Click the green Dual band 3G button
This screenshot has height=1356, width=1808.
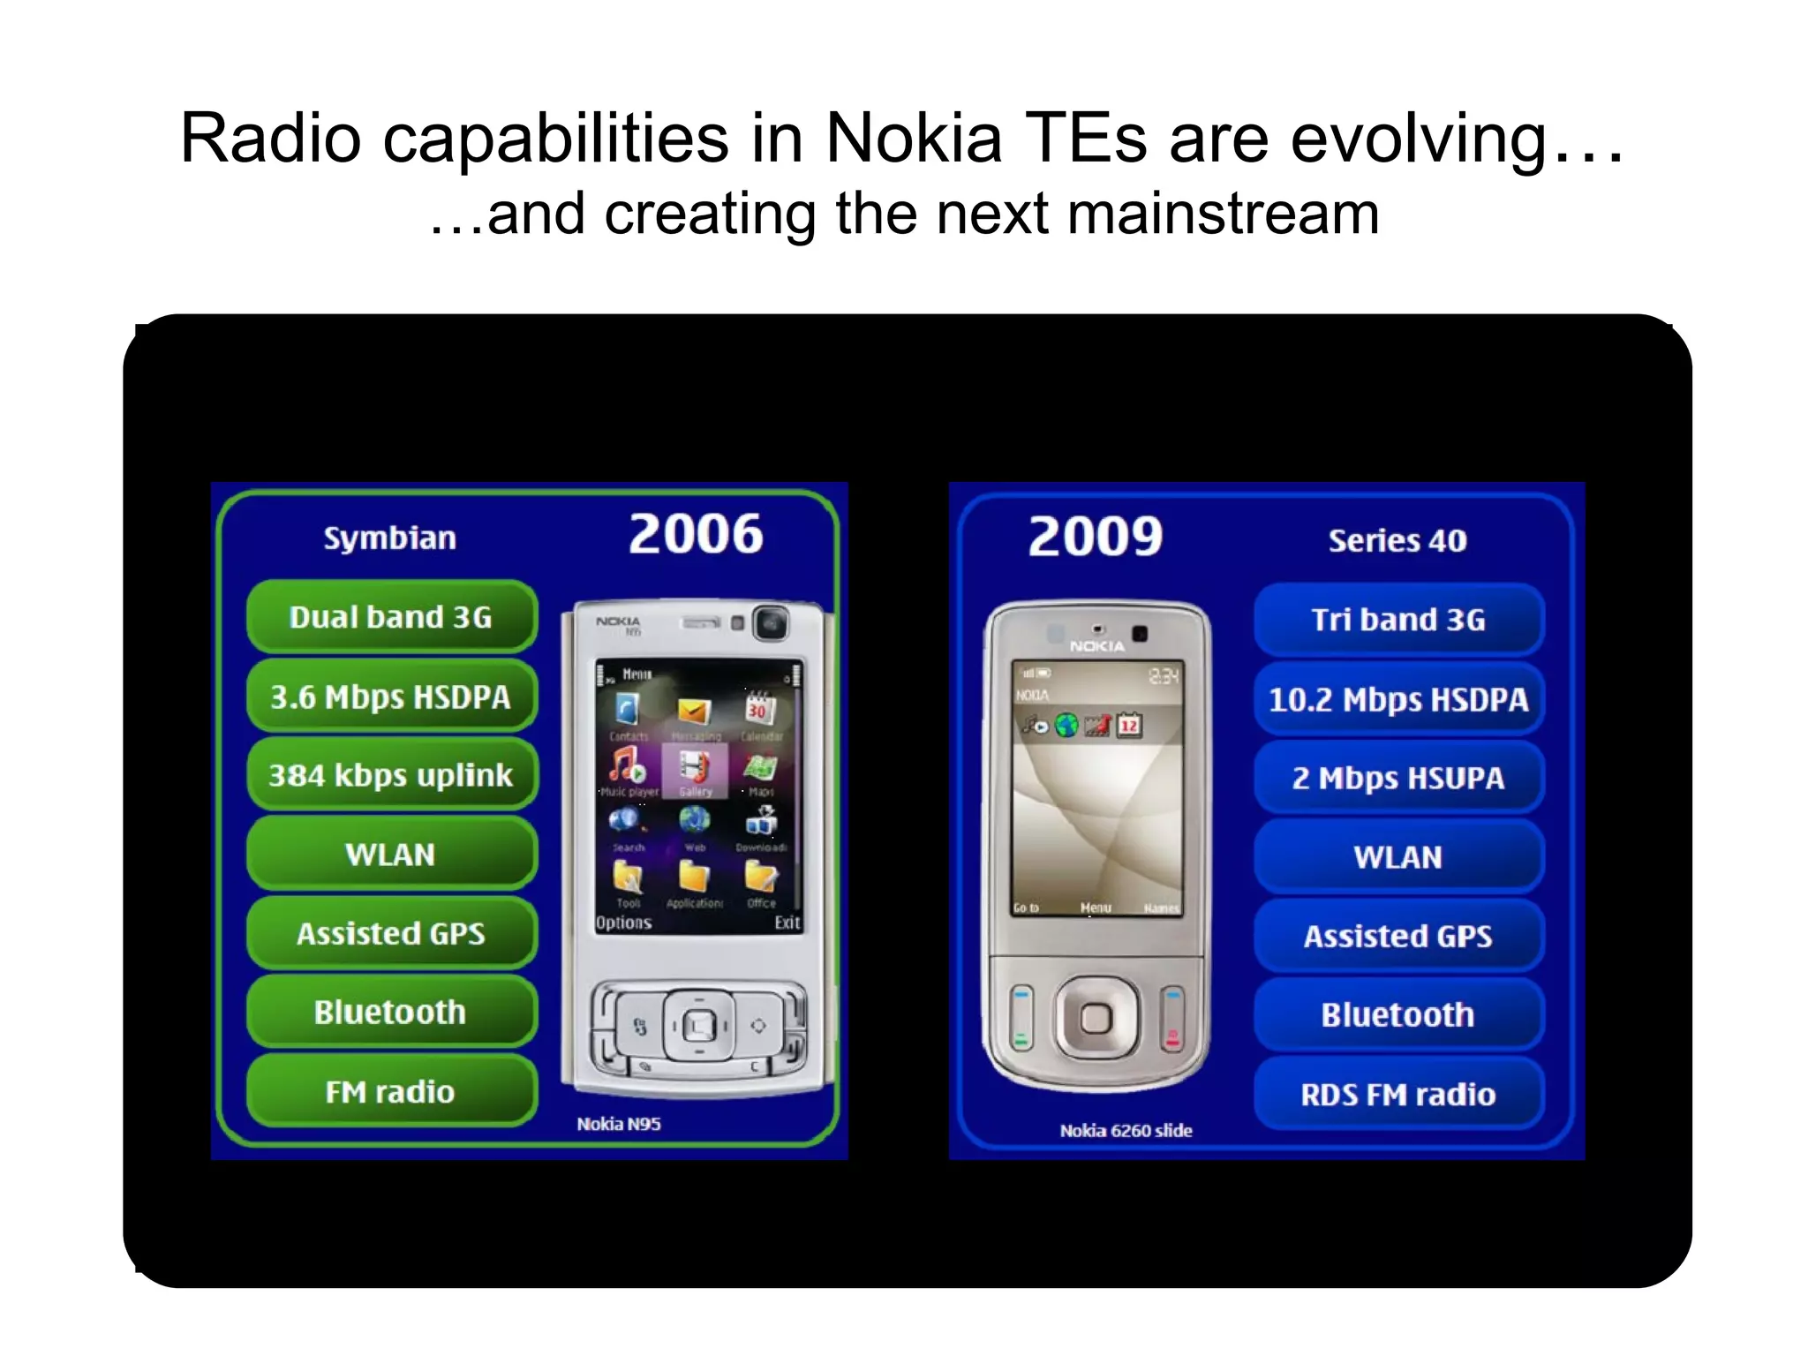point(391,617)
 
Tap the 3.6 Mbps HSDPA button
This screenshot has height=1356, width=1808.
point(391,697)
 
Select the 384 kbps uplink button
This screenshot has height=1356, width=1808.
point(391,775)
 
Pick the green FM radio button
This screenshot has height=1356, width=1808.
point(391,1092)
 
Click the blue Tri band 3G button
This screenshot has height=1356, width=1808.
point(1398,620)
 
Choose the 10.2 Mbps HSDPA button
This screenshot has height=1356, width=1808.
point(1398,699)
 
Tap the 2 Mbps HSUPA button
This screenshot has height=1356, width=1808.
point(1398,778)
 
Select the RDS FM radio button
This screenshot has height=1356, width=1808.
point(1398,1095)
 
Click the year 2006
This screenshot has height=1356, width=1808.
point(696,534)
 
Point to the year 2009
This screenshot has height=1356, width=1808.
point(1096,537)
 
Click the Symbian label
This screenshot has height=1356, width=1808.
point(389,539)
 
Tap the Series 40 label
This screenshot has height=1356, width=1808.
point(1397,540)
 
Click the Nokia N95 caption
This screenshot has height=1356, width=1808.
point(619,1124)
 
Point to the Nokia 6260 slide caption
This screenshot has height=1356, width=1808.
point(1126,1130)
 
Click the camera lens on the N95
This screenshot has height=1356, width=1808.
point(772,624)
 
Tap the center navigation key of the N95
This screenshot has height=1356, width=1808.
point(699,1026)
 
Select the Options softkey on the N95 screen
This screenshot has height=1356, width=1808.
point(623,923)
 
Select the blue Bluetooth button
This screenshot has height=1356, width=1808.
point(1398,1015)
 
